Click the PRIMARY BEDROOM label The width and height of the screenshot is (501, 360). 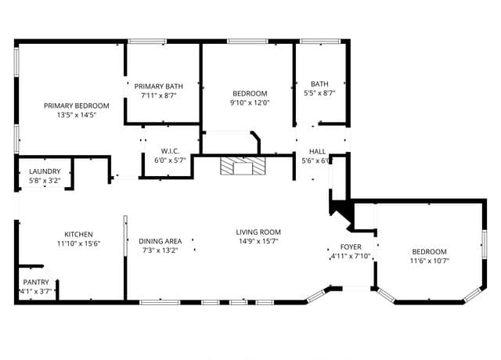click(77, 106)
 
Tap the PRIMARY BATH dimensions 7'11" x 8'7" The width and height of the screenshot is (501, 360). click(159, 95)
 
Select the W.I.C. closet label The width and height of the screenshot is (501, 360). click(170, 151)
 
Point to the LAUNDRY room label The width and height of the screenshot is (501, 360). click(45, 171)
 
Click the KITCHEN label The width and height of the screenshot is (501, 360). click(78, 235)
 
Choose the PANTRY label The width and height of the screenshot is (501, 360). click(36, 283)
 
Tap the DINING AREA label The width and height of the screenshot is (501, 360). click(160, 241)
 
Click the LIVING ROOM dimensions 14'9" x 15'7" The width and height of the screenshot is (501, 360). click(258, 241)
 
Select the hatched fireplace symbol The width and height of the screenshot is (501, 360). click(243, 166)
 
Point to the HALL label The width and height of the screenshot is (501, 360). click(318, 151)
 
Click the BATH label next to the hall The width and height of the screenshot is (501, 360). click(319, 84)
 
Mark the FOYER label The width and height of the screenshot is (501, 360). click(351, 247)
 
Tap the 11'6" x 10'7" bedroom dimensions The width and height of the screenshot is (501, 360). click(430, 261)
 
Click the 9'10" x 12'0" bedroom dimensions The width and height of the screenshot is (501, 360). click(250, 103)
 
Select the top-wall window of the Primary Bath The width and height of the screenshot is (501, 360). click(147, 41)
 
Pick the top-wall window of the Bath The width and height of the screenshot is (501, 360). click(320, 41)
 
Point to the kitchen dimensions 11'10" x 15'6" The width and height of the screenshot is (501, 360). click(78, 243)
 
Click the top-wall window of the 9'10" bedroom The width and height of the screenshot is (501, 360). click(248, 41)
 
